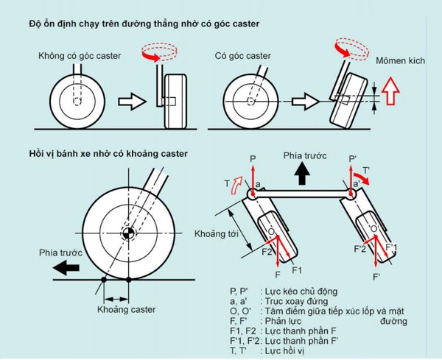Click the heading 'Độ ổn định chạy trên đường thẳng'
133,24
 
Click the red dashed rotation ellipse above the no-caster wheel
158,53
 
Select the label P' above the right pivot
354,158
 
